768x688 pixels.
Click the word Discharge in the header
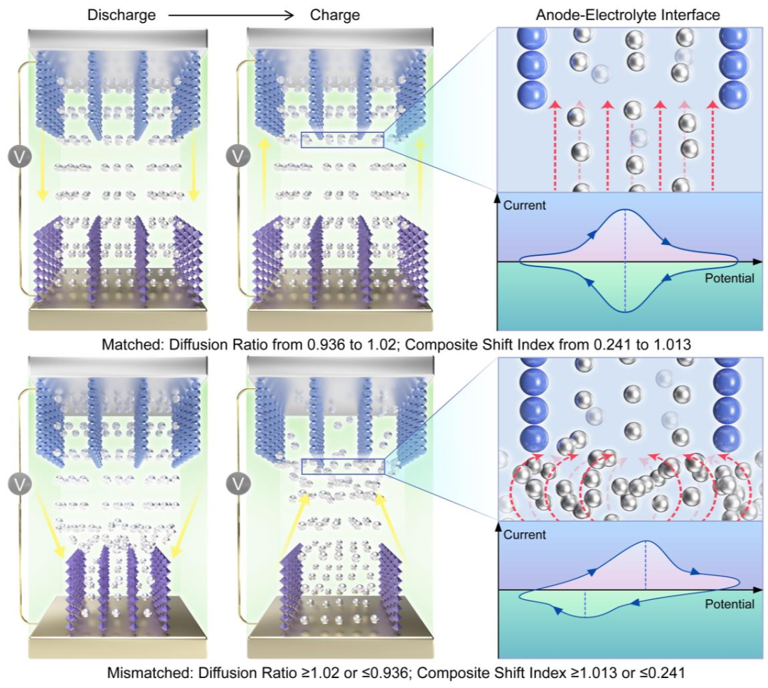tap(122, 15)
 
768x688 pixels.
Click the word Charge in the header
tap(335, 15)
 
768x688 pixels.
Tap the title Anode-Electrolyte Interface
tap(628, 15)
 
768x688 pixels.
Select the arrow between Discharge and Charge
tap(230, 16)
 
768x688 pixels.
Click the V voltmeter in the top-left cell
tap(20, 157)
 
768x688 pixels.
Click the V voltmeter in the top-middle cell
tap(238, 156)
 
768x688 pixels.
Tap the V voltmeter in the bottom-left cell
tap(20, 484)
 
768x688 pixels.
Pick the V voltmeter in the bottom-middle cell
tap(238, 484)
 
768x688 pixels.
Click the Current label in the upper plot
tap(525, 205)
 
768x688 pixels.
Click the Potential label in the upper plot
tap(730, 278)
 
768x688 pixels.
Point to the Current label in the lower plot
tap(525, 534)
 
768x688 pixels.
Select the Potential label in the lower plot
tap(730, 604)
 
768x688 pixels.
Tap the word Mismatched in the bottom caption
tap(150, 673)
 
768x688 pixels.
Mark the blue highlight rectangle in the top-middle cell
tap(343, 140)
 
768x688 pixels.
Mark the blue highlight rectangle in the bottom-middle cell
tap(343, 467)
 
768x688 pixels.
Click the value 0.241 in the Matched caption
tap(612, 345)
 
